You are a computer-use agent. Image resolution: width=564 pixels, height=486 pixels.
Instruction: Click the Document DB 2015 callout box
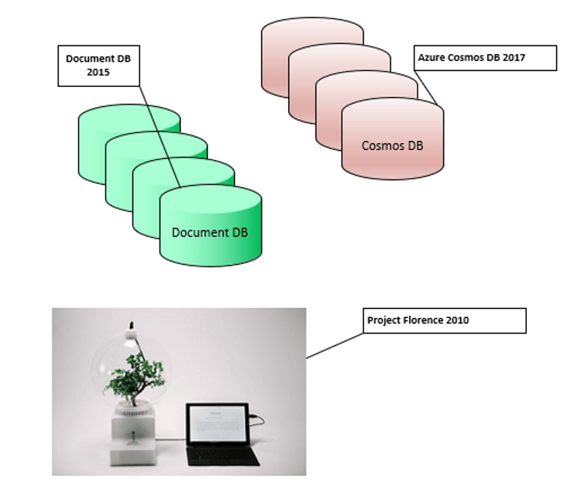(99, 65)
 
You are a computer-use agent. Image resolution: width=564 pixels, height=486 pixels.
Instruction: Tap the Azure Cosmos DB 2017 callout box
(485, 58)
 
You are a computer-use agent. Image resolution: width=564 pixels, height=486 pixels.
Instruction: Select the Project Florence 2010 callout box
(445, 320)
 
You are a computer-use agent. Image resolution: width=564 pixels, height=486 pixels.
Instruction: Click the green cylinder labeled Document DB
(211, 226)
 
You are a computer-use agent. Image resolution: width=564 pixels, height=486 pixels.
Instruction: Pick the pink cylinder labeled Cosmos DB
(393, 139)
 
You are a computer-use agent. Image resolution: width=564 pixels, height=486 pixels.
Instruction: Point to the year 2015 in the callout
(98, 72)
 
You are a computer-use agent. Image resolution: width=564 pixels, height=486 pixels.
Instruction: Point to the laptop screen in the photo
(218, 424)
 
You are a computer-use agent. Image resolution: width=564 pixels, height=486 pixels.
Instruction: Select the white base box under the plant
(133, 438)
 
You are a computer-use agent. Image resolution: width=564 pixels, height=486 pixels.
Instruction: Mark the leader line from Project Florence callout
(334, 346)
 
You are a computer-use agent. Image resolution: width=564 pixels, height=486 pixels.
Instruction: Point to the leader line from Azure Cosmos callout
(425, 88)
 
